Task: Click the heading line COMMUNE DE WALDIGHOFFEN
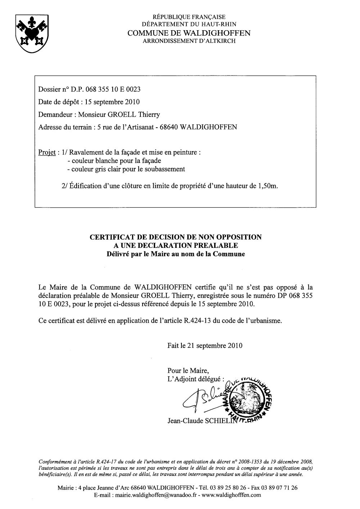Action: point(189,33)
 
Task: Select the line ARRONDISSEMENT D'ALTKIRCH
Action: point(189,41)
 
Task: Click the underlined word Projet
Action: point(46,152)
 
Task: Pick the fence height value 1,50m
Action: point(268,186)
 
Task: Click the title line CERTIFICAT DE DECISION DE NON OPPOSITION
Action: point(175,237)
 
